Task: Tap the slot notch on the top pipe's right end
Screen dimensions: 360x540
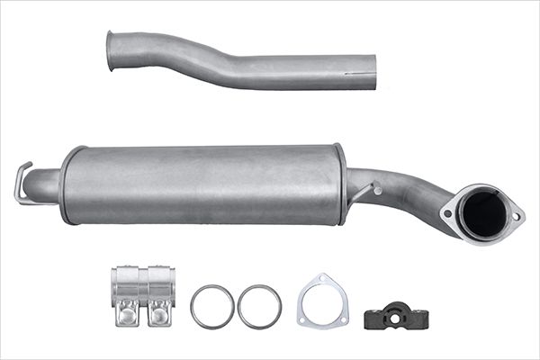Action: tap(367, 67)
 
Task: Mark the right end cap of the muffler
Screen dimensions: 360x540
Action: tap(340, 184)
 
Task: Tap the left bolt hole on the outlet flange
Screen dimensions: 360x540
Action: tap(447, 213)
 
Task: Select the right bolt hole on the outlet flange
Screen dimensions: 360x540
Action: tap(516, 215)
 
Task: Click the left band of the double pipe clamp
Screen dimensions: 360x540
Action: tap(126, 286)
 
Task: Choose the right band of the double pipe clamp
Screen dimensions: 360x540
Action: tap(159, 286)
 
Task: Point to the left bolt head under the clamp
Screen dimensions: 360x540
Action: tap(126, 316)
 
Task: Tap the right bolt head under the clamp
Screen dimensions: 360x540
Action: tap(159, 316)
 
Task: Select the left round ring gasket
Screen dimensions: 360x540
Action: tap(212, 307)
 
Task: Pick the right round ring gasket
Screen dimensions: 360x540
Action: tap(259, 307)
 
